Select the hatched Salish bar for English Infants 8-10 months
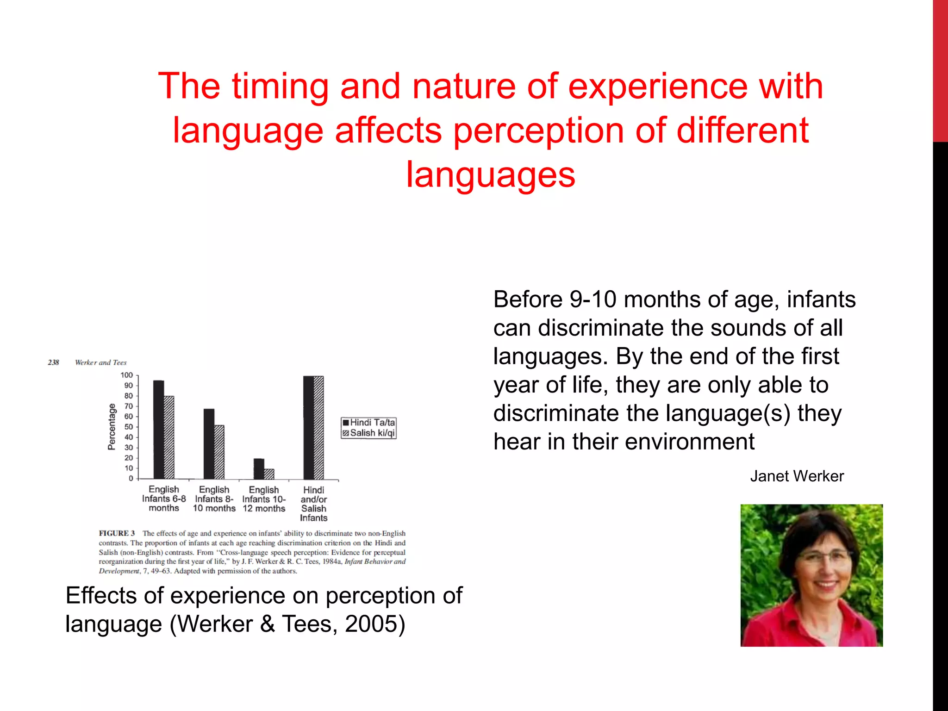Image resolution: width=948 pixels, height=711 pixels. [x=219, y=452]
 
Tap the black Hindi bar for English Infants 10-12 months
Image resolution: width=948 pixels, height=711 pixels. [x=258, y=469]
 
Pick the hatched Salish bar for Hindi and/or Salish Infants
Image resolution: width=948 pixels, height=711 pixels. [x=319, y=428]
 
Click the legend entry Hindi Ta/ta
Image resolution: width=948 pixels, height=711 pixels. [x=369, y=423]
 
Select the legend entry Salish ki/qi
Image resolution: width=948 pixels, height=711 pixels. [x=369, y=433]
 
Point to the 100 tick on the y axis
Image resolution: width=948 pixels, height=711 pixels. [x=127, y=375]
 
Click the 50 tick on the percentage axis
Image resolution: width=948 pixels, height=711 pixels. [x=128, y=427]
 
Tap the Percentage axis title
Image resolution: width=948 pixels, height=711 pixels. [x=112, y=427]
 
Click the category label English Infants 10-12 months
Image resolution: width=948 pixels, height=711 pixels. [x=264, y=499]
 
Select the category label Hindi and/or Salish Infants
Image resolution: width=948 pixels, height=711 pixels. [x=314, y=504]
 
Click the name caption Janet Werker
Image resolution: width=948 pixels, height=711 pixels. [x=797, y=476]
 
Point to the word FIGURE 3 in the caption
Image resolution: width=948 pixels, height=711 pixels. [x=117, y=533]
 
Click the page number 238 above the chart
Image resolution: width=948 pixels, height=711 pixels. [x=53, y=362]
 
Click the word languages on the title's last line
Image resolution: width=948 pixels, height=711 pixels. [x=490, y=175]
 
